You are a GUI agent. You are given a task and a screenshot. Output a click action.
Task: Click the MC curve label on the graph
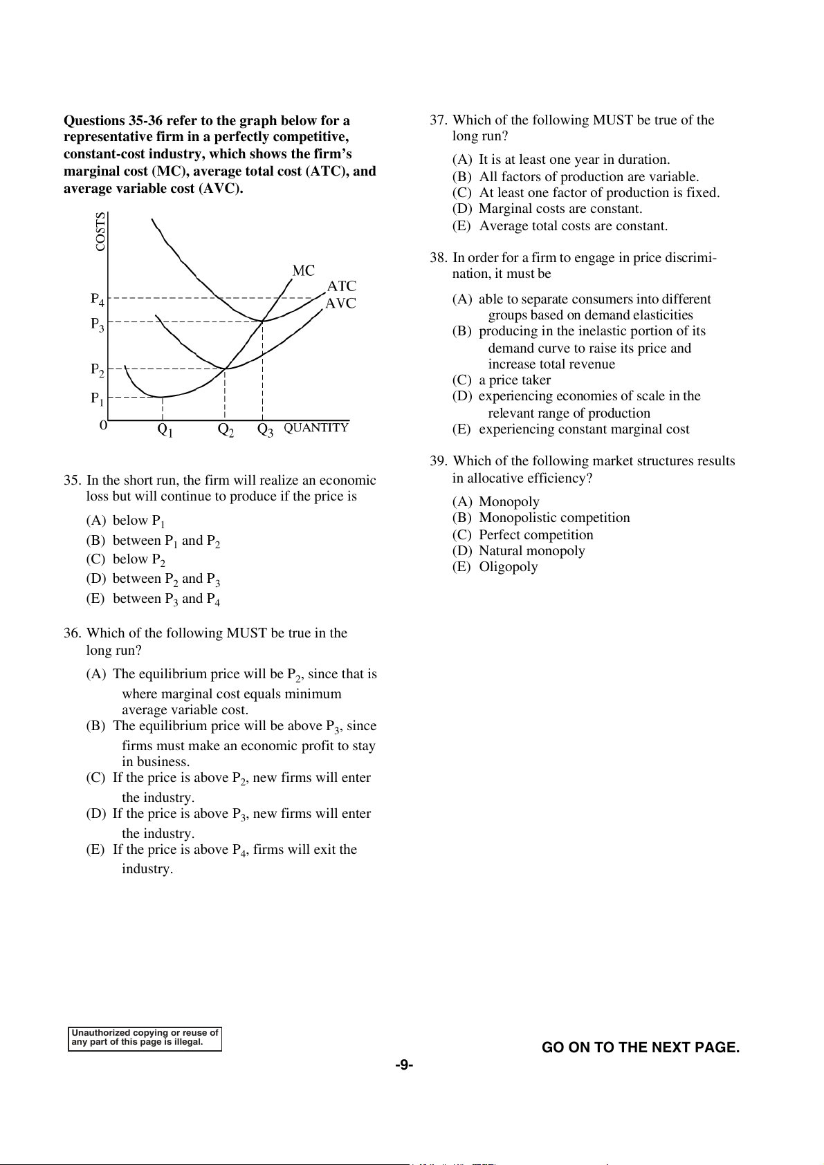[303, 270]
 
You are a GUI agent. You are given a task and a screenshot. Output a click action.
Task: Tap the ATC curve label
[342, 286]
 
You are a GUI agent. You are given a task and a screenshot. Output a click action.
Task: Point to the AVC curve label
[340, 304]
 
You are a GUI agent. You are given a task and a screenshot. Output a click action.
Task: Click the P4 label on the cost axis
[98, 299]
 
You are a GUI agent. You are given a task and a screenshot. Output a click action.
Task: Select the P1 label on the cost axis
[98, 399]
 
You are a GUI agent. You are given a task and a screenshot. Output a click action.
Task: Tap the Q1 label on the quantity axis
[165, 430]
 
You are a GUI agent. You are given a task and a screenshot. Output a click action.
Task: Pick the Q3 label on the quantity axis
[265, 430]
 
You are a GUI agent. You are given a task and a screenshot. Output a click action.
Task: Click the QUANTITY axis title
[316, 428]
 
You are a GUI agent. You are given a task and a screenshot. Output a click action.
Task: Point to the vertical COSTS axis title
[101, 232]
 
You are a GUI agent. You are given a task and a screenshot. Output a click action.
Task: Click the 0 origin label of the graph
[104, 426]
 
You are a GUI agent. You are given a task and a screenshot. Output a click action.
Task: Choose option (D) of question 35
[153, 579]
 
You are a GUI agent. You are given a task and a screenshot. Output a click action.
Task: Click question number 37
[438, 120]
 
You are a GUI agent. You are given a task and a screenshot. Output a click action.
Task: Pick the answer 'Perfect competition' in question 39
[536, 535]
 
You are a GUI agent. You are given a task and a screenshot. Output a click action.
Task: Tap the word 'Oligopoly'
[509, 567]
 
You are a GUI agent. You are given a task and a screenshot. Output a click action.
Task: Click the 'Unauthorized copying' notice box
[145, 1038]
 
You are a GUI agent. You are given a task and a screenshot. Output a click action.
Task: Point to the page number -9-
[404, 1065]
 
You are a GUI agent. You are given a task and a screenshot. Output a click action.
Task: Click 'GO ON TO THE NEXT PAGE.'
[640, 1047]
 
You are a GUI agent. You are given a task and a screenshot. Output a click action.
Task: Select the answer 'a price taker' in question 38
[515, 380]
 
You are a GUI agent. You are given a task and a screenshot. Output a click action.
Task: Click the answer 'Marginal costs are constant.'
[560, 209]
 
